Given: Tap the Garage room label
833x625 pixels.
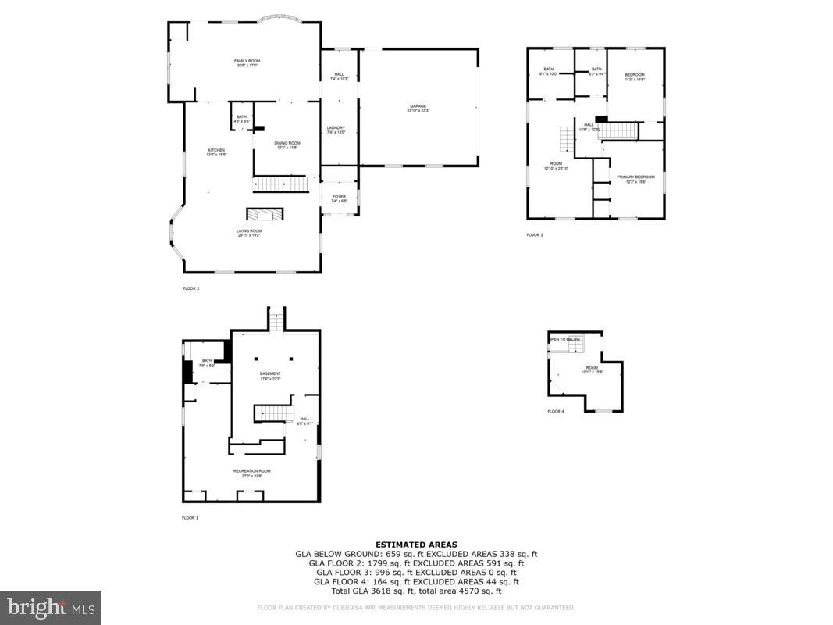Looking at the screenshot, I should [x=418, y=109].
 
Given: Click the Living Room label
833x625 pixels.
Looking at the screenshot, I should [x=249, y=232].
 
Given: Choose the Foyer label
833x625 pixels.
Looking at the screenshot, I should [x=338, y=198].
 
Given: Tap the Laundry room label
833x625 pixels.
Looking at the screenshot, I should [x=336, y=130].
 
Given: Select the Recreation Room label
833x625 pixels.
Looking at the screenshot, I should [x=251, y=472].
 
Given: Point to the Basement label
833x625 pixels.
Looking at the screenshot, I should [x=270, y=375].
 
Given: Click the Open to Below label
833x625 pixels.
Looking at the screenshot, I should [x=565, y=339].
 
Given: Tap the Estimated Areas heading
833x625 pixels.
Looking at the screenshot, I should [x=416, y=545].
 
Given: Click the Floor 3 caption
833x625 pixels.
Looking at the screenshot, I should [x=534, y=234].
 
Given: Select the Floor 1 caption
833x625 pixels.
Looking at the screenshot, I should [x=190, y=518].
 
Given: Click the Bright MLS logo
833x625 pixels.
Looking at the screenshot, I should [x=51, y=608].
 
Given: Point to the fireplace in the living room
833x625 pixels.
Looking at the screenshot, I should [x=265, y=215].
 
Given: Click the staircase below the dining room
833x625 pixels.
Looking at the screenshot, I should [x=279, y=184].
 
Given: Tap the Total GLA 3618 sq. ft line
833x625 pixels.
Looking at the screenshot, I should [x=416, y=591].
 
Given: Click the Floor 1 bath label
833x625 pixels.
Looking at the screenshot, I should [x=206, y=362].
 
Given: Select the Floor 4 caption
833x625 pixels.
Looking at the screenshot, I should [x=555, y=411].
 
